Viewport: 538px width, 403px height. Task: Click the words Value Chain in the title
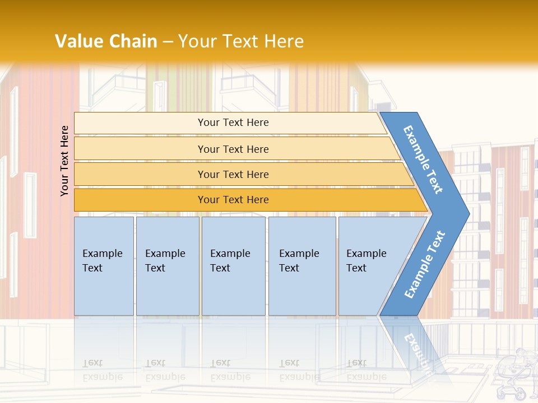(106, 41)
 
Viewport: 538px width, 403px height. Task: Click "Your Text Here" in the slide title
(241, 41)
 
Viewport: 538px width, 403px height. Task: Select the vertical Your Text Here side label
(64, 161)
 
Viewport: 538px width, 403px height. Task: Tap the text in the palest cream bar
(233, 123)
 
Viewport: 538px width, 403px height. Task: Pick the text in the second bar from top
(233, 149)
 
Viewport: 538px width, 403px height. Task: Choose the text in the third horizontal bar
(233, 174)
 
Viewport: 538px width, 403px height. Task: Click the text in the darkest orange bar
(233, 200)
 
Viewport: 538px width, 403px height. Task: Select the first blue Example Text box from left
(104, 266)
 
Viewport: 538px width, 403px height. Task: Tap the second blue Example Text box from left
(167, 266)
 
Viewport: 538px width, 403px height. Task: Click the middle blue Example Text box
(233, 266)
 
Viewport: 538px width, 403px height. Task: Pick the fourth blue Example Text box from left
(302, 266)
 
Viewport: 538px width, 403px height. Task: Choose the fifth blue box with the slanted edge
(370, 266)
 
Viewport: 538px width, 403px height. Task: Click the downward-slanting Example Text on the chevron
(423, 160)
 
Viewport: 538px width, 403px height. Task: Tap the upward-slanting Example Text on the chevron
(425, 265)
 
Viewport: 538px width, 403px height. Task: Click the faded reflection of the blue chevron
(418, 347)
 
